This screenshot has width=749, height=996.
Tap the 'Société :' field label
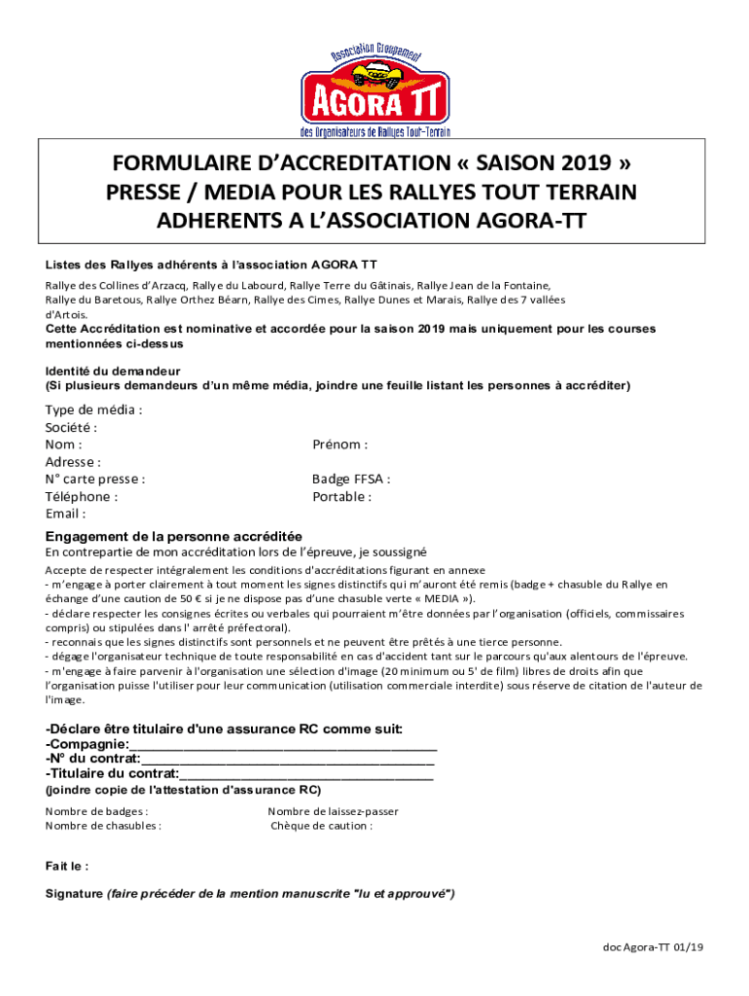pos(72,427)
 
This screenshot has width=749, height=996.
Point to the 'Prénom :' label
pos(339,445)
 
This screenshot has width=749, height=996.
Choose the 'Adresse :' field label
pos(74,462)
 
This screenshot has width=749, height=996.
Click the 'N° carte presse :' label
pos(95,479)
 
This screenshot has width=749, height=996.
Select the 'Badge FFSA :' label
pos(351,479)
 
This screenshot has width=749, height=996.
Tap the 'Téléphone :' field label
pos(82,496)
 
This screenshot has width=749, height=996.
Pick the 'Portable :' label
pos(341,496)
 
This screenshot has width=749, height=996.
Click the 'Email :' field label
pos(65,514)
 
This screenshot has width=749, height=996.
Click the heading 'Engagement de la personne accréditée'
pos(174,536)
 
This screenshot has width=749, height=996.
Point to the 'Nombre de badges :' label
pos(97,811)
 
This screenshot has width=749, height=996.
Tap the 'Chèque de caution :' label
pos(321,826)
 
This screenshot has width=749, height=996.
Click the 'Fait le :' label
pos(67,865)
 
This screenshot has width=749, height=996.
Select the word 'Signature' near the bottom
pos(74,893)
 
